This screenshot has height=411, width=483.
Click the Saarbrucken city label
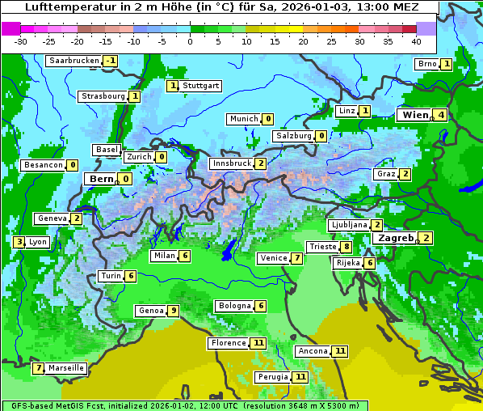73,61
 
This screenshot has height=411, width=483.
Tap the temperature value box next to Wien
441,115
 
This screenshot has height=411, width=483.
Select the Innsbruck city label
231,163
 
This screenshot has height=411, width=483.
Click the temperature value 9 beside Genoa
173,311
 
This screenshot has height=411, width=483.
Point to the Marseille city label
66,368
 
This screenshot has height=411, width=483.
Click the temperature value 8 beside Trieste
346,247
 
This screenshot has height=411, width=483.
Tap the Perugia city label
272,377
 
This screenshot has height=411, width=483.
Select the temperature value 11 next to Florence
258,343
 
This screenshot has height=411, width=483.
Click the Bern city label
101,179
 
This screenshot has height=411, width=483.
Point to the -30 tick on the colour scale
21,40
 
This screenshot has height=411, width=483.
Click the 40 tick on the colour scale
416,40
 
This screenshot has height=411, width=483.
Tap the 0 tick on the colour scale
191,40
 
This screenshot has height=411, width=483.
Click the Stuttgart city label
200,86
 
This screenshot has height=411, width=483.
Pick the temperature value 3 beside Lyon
19,241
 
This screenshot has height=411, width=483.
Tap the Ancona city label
313,351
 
